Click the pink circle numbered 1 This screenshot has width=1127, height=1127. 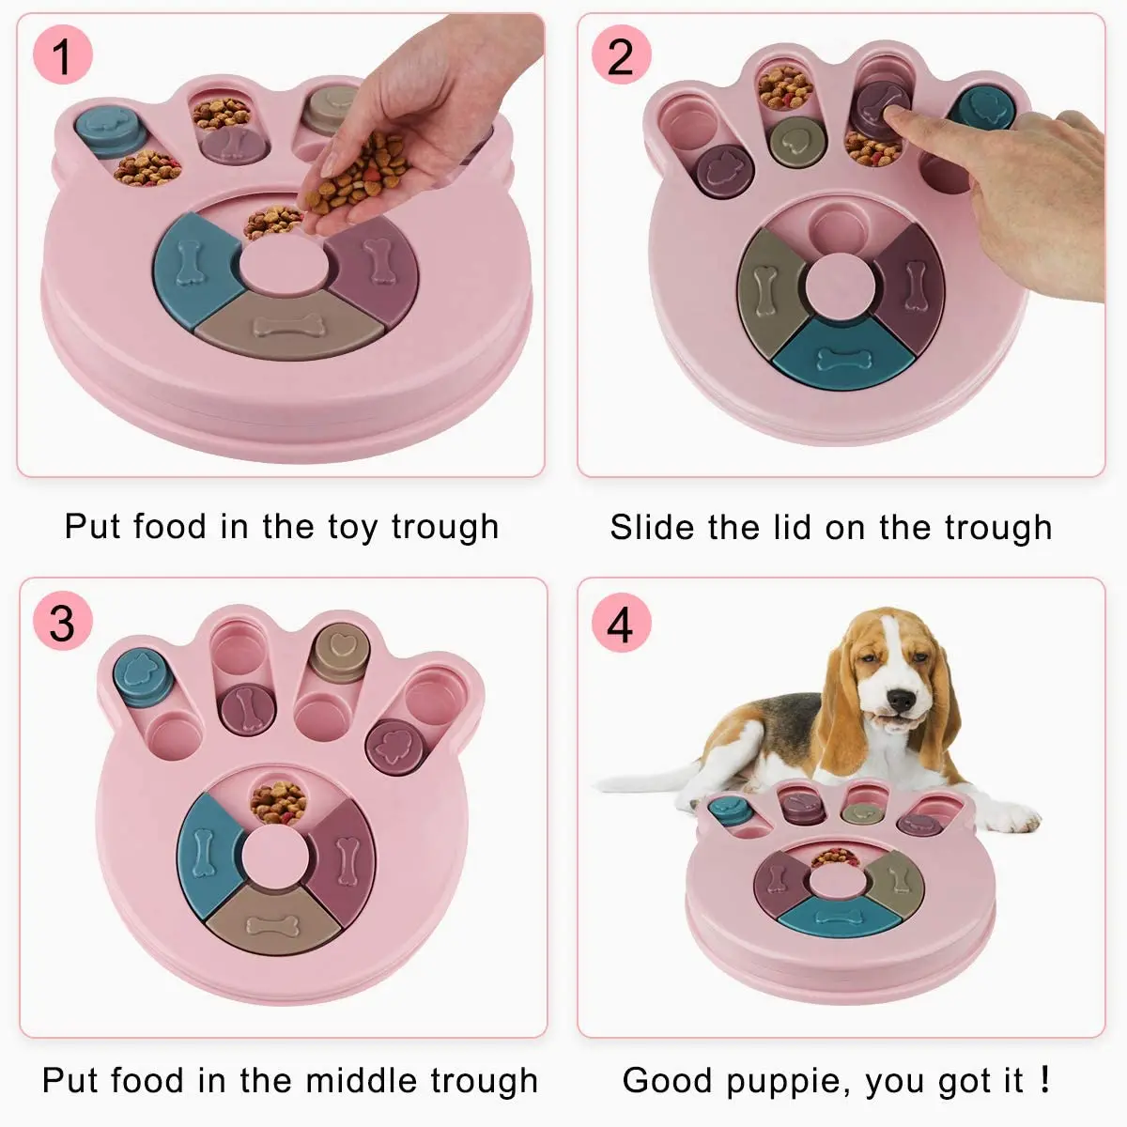[x=62, y=55]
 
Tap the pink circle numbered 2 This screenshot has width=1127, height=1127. [x=620, y=55]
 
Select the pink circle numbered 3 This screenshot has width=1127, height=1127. [x=62, y=623]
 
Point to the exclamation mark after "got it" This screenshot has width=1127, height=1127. [x=1045, y=1079]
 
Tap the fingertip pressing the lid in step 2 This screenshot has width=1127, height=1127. [x=897, y=119]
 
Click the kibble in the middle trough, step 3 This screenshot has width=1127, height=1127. [x=278, y=801]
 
